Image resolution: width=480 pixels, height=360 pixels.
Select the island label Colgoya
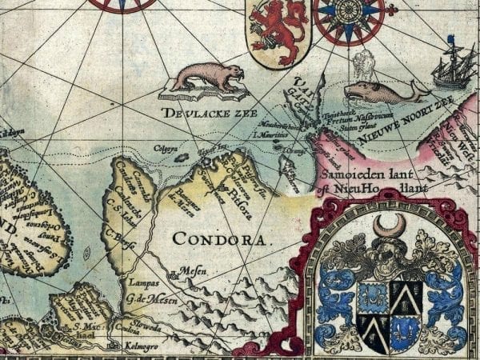coord(165,145)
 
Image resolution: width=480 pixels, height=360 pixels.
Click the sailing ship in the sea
coord(450,66)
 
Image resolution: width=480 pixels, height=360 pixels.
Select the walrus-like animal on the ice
coord(206,78)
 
